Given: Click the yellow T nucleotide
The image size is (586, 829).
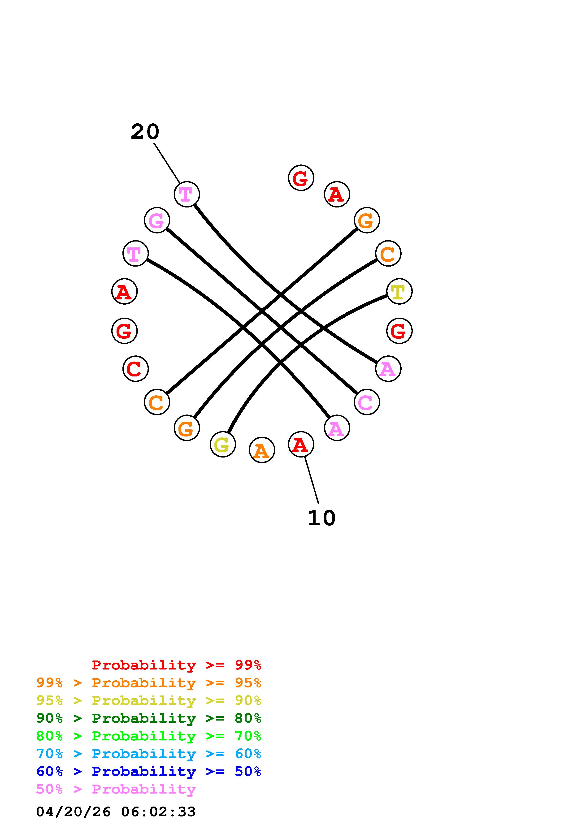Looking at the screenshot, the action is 399,291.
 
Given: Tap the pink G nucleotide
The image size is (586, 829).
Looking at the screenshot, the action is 157,220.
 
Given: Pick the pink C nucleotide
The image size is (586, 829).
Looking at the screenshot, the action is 366,402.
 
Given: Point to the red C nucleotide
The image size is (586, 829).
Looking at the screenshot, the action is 135,369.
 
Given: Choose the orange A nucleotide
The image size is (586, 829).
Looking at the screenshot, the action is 262,450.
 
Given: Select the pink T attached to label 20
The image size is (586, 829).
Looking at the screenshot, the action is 187,194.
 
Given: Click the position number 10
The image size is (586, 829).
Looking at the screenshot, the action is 321,518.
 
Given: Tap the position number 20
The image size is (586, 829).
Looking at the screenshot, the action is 145,132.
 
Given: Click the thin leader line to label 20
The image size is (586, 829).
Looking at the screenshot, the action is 167,163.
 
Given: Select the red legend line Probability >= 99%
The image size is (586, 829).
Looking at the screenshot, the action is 177,665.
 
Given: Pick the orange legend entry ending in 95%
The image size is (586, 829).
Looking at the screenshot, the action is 149,683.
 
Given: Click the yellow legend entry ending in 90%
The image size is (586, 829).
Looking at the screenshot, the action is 149,700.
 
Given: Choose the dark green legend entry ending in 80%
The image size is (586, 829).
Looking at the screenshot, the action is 149,718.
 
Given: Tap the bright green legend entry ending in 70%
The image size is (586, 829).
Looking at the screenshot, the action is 149,736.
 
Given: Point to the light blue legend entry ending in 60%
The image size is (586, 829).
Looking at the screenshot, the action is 149,754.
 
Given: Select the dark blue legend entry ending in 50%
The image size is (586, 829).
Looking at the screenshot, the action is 149,771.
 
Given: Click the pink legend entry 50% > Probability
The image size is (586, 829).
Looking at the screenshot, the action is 116,789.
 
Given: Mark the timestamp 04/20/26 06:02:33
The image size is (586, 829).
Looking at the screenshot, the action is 116,812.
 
